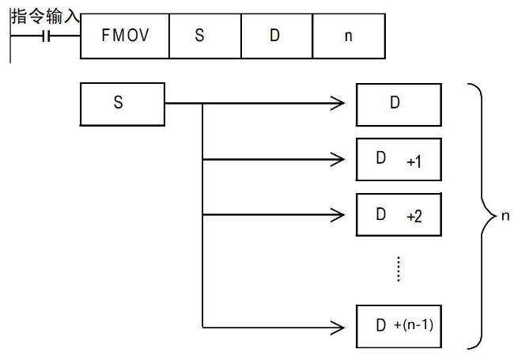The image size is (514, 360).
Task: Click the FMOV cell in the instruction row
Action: click(125, 37)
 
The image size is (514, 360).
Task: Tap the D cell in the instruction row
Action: click(275, 37)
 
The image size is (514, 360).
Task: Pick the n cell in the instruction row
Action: click(349, 37)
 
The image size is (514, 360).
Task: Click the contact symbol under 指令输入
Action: click(46, 37)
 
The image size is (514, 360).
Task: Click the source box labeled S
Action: click(123, 103)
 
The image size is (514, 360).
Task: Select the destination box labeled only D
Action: click(399, 103)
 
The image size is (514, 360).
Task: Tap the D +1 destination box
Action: click(399, 159)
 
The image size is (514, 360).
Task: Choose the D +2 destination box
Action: click(399, 214)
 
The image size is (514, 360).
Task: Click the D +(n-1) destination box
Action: click(399, 325)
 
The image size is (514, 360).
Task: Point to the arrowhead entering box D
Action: click(338, 103)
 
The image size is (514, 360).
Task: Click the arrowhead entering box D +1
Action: click(338, 159)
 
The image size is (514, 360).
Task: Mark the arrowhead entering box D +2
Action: click(338, 214)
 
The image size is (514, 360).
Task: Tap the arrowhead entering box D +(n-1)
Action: click(338, 325)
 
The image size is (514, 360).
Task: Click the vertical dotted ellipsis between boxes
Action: click(399, 269)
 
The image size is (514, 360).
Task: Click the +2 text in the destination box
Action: click(413, 216)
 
